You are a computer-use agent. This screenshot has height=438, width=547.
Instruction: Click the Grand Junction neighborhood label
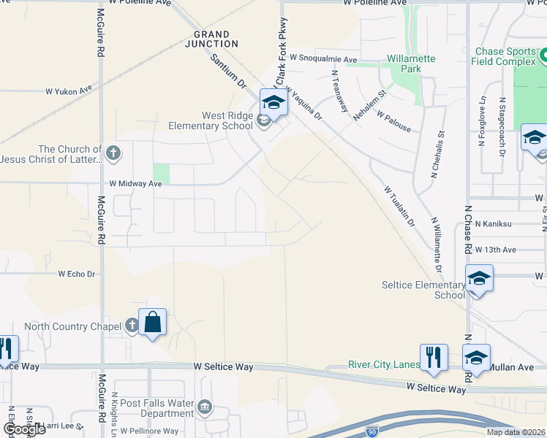click(211, 39)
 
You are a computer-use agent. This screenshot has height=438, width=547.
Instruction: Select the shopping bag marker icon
click(152, 322)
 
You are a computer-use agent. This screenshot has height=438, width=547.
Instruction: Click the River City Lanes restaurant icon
click(434, 357)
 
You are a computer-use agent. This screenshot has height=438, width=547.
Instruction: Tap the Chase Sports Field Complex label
click(505, 57)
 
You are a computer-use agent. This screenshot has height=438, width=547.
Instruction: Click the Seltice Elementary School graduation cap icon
click(478, 279)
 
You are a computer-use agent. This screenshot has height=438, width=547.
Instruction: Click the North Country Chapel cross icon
click(131, 326)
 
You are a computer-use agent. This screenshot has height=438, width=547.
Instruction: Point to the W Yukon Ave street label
click(69, 91)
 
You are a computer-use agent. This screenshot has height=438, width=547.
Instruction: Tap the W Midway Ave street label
click(135, 185)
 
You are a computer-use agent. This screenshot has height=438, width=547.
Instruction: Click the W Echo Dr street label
click(77, 274)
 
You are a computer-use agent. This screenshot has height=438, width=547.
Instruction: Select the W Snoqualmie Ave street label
click(322, 58)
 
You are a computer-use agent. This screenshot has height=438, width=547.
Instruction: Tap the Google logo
click(25, 429)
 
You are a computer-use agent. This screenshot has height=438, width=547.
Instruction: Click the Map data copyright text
click(515, 432)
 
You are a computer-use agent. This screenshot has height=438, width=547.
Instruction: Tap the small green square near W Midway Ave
click(161, 174)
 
